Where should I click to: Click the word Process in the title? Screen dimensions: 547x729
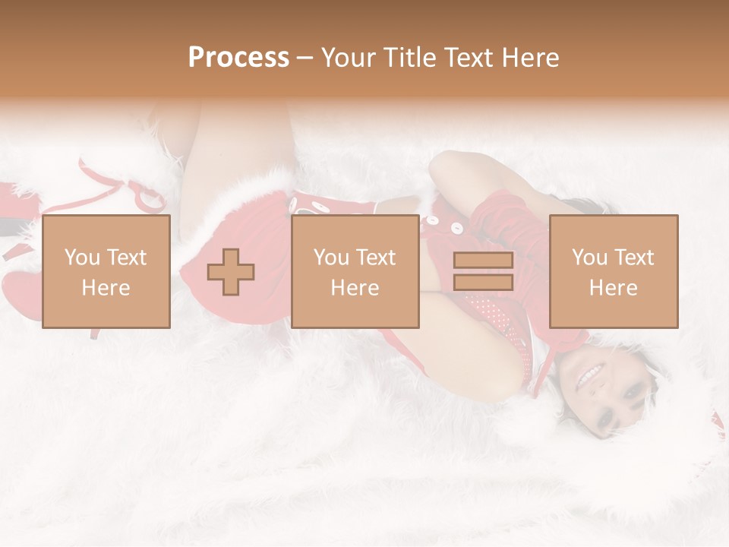238,58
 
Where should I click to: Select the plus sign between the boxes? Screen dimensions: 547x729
231,272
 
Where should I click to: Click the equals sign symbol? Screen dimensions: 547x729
483,271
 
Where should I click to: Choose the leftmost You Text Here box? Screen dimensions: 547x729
106,271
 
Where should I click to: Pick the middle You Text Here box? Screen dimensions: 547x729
355,271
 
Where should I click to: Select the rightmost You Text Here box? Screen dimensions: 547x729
614,271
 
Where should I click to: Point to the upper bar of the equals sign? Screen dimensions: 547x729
483,261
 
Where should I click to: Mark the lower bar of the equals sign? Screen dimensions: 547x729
483,282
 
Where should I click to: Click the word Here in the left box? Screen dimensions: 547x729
106,287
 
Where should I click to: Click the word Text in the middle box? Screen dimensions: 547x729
375,258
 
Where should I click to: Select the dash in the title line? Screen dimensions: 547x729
305,58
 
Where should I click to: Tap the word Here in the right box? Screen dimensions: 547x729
614,287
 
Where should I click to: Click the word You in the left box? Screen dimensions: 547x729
82,258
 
